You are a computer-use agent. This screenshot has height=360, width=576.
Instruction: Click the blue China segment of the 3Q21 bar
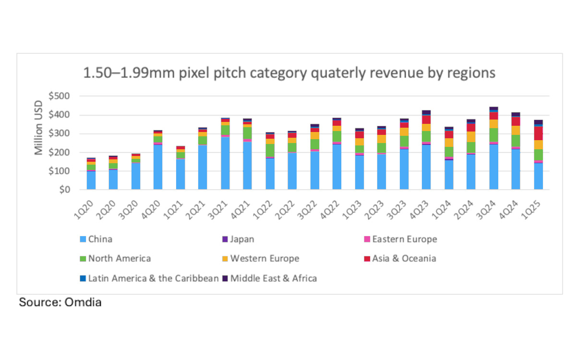click(225, 163)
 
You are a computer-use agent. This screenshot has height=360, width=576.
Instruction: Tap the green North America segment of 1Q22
click(270, 150)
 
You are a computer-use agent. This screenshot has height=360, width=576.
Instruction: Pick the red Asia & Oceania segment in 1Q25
click(539, 133)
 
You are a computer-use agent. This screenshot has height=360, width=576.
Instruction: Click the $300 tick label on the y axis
click(60, 134)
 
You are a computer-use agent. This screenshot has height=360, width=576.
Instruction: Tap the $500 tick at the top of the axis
click(60, 96)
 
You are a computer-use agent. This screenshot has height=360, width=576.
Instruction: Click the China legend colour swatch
click(83, 239)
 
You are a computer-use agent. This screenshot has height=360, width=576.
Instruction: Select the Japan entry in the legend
click(242, 239)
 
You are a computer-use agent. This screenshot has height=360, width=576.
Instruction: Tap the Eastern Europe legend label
click(405, 239)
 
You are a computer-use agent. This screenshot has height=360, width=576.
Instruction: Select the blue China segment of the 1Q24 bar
click(449, 175)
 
